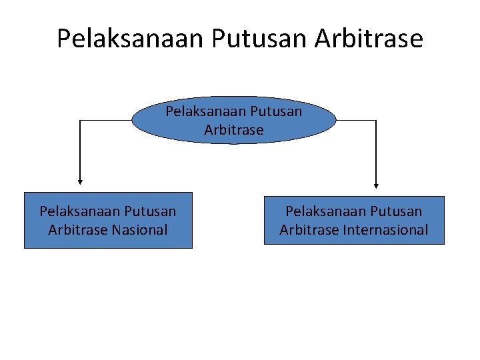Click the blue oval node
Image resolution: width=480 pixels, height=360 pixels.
tap(234, 120)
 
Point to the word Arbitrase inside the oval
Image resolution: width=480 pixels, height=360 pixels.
tap(234, 129)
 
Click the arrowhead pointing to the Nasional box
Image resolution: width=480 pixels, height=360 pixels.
tap(80, 180)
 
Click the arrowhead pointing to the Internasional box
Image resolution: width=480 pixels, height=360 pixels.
tap(377, 185)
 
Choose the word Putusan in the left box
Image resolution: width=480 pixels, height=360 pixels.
tap(150, 211)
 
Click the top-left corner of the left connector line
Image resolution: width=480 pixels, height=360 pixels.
tap(80, 121)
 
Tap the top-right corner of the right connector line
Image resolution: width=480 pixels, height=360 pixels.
tap(377, 121)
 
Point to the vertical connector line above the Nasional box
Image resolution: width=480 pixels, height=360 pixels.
tap(80, 150)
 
